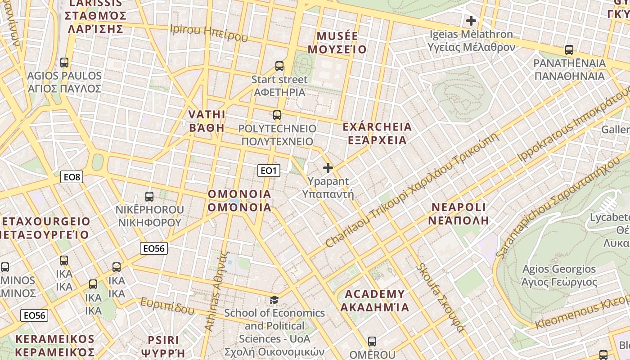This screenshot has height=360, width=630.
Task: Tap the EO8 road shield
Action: tap(72, 177)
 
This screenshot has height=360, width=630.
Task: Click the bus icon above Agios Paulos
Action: tap(64, 63)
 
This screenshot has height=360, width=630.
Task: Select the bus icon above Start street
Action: tap(279, 66)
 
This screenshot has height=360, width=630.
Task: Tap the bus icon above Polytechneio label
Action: tap(277, 115)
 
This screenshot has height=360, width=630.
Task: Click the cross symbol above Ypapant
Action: tap(328, 168)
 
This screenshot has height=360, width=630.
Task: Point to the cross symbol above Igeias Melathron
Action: tap(471, 21)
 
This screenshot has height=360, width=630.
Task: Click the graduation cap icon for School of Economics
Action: tap(274, 300)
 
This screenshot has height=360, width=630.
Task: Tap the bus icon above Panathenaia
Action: tap(569, 50)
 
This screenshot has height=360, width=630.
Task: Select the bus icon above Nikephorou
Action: tap(149, 197)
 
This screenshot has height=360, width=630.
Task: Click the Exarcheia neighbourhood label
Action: tap(377, 133)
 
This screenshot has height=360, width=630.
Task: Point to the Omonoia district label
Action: tap(239, 201)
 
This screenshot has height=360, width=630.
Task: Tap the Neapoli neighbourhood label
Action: tap(459, 213)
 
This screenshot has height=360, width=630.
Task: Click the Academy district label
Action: tap(374, 301)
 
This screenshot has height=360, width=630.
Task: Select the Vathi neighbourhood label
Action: tap(207, 121)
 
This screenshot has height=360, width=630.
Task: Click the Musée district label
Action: tap(342, 43)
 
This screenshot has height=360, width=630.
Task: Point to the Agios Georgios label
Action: tap(559, 275)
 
